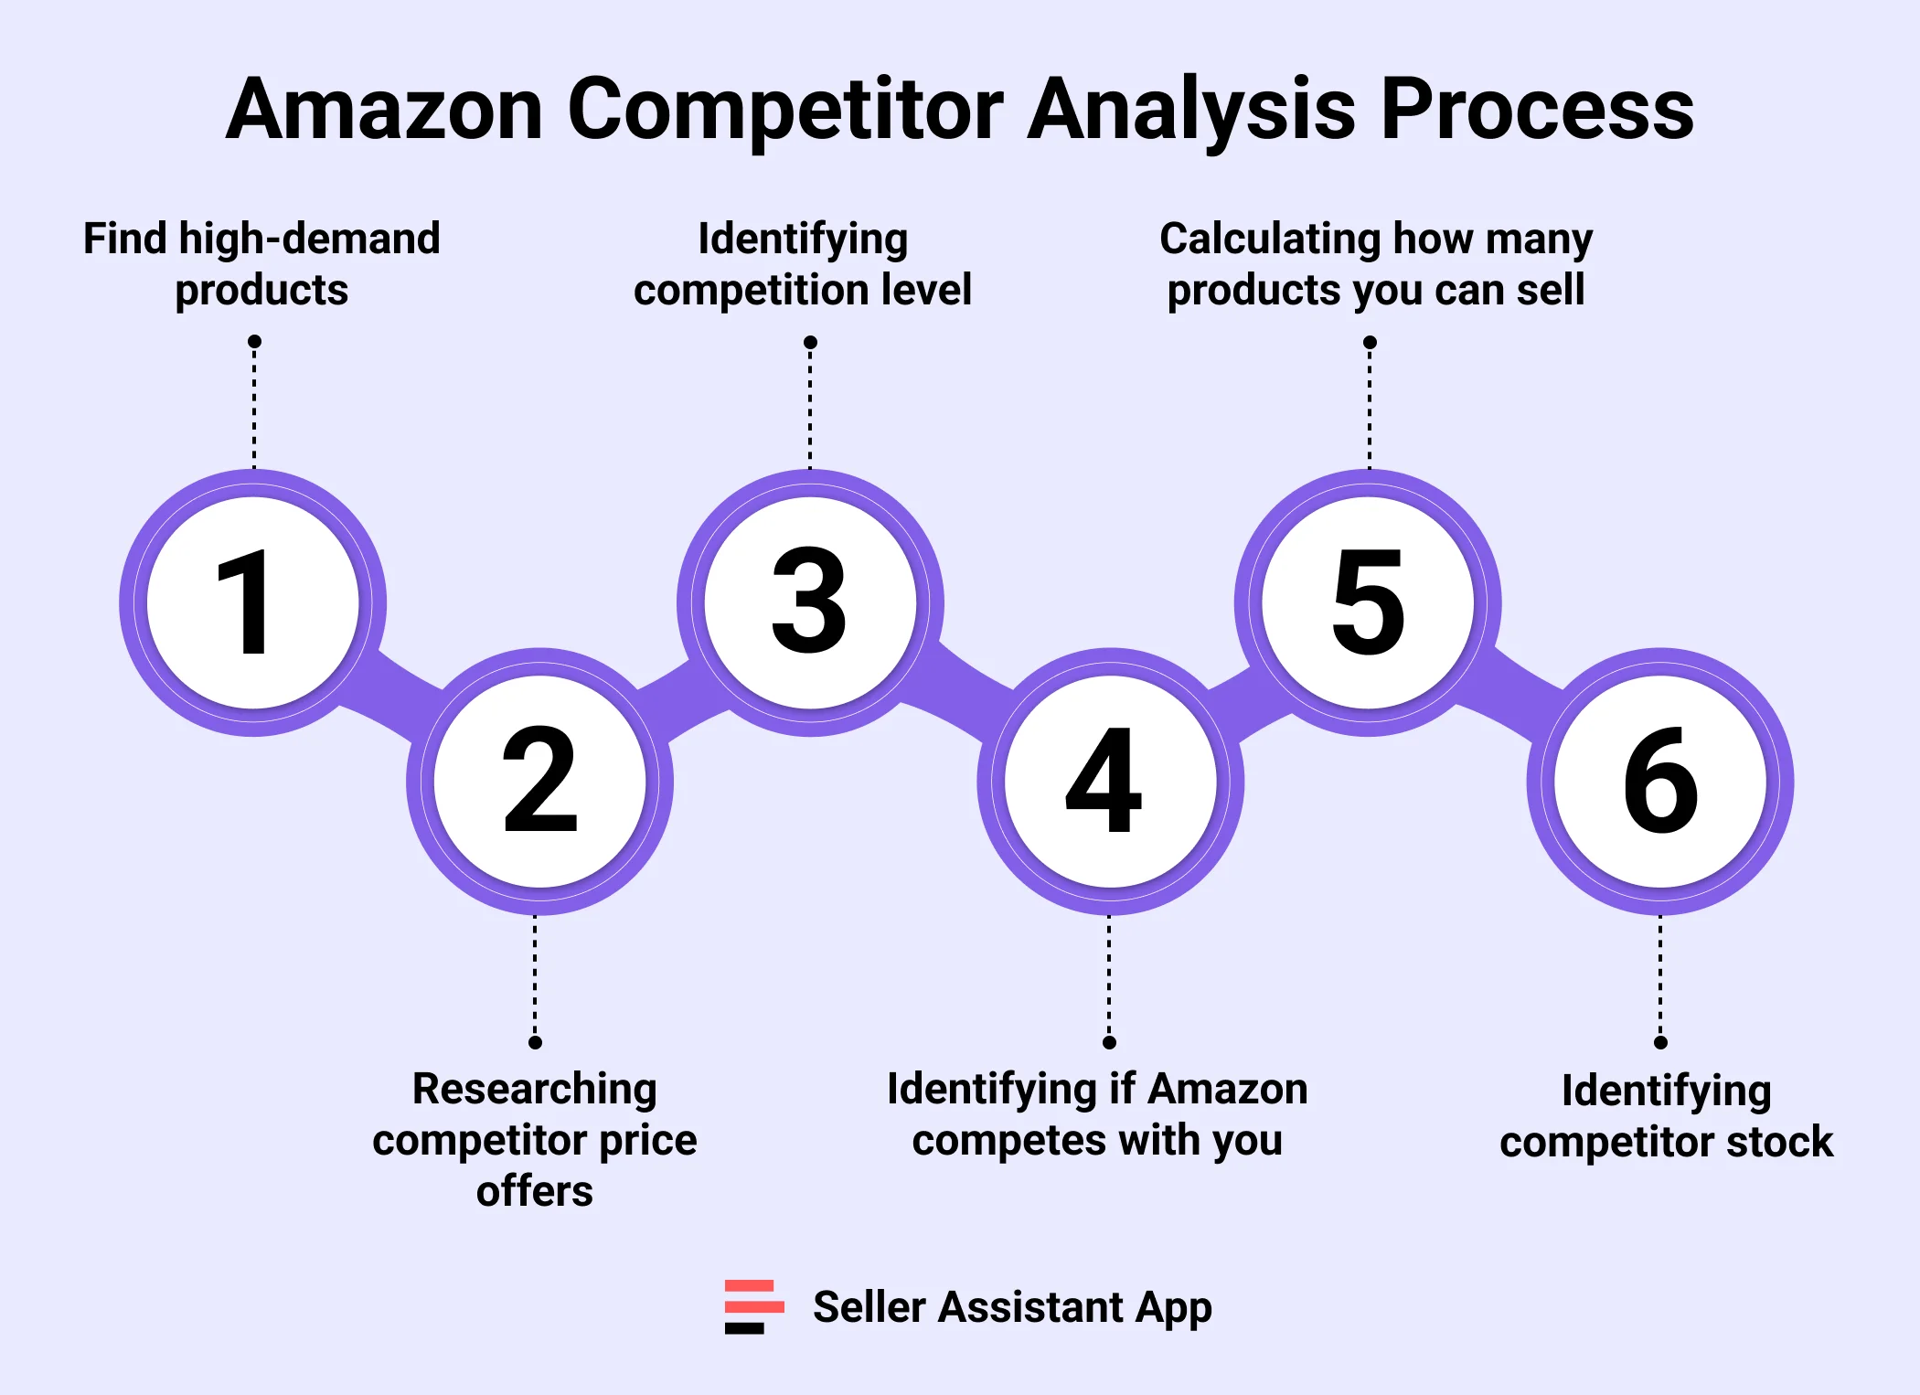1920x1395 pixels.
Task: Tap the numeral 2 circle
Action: [539, 781]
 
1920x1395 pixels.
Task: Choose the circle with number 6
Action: [1660, 781]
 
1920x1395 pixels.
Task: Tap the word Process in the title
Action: [1536, 110]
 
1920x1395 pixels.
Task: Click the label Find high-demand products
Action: [261, 263]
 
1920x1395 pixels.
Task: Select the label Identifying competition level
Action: [803, 263]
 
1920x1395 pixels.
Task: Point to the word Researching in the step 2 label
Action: [534, 1089]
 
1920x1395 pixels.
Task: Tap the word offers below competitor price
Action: [534, 1191]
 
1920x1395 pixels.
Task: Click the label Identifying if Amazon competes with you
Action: [1097, 1114]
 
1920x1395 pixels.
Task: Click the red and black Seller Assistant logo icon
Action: [753, 1306]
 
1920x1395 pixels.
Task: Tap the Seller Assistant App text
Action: [1012, 1306]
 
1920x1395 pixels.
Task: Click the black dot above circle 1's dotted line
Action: [254, 342]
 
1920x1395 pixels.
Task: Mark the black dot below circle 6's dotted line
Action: [1660, 1042]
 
